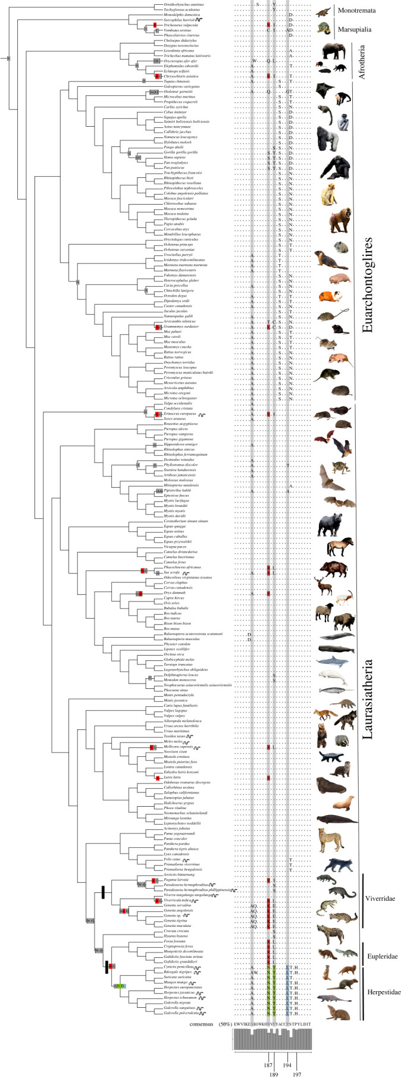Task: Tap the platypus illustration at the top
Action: click(x=323, y=11)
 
